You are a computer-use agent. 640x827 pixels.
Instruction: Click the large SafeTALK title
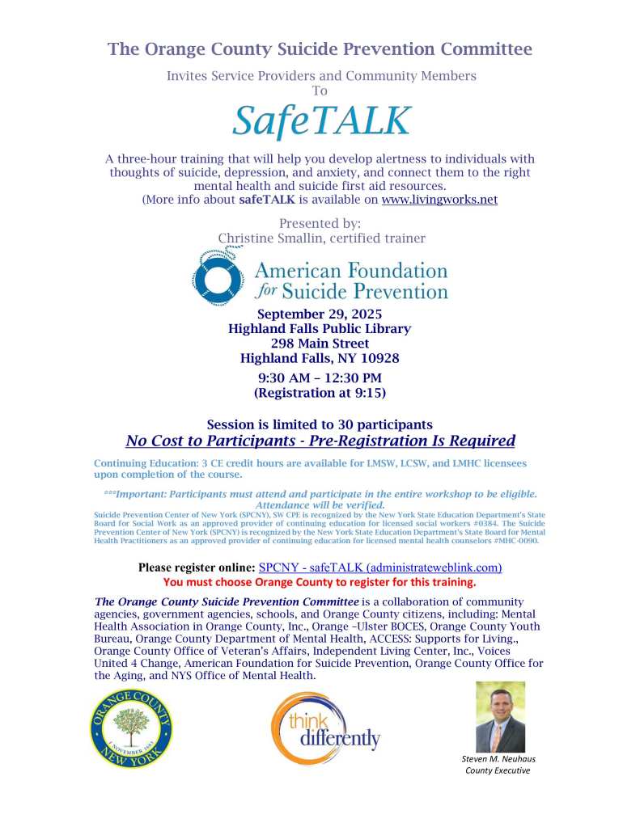[321, 120]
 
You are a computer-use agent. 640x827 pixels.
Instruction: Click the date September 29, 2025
[320, 314]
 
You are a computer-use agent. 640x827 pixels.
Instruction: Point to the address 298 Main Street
[320, 344]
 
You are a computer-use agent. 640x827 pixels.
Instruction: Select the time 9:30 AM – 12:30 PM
[320, 378]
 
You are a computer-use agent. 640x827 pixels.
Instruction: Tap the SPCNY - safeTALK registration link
[379, 568]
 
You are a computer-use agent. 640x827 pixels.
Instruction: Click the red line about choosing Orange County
[320, 581]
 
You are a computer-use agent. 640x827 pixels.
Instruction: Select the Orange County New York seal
[131, 728]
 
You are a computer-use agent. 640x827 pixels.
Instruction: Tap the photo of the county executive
[500, 716]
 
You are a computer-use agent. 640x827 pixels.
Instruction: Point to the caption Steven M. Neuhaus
[498, 759]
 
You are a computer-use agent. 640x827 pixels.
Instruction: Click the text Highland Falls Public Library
[320, 328]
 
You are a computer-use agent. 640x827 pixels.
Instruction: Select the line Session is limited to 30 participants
[320, 424]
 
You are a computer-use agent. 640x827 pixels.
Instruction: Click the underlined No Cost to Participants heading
[320, 441]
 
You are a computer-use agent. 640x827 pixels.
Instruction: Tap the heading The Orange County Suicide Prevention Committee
[320, 49]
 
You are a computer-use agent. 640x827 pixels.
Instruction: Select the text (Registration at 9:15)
[320, 393]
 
